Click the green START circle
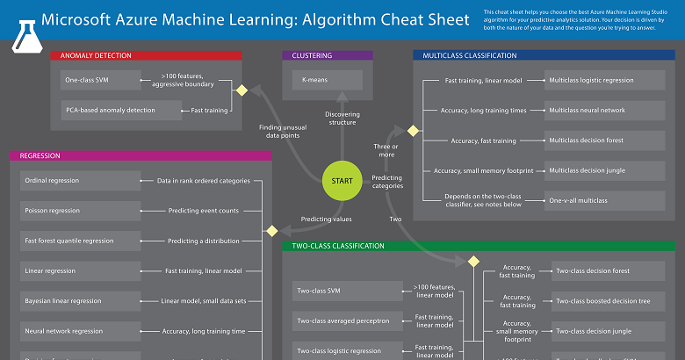point(342,181)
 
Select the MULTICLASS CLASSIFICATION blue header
point(544,55)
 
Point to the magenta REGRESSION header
point(141,155)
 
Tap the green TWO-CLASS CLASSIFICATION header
point(478,247)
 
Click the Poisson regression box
point(79,211)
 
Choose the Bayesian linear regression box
point(79,301)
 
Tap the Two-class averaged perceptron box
point(349,321)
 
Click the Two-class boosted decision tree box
point(608,301)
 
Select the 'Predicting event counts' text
point(203,211)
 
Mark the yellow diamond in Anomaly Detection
point(241,89)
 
